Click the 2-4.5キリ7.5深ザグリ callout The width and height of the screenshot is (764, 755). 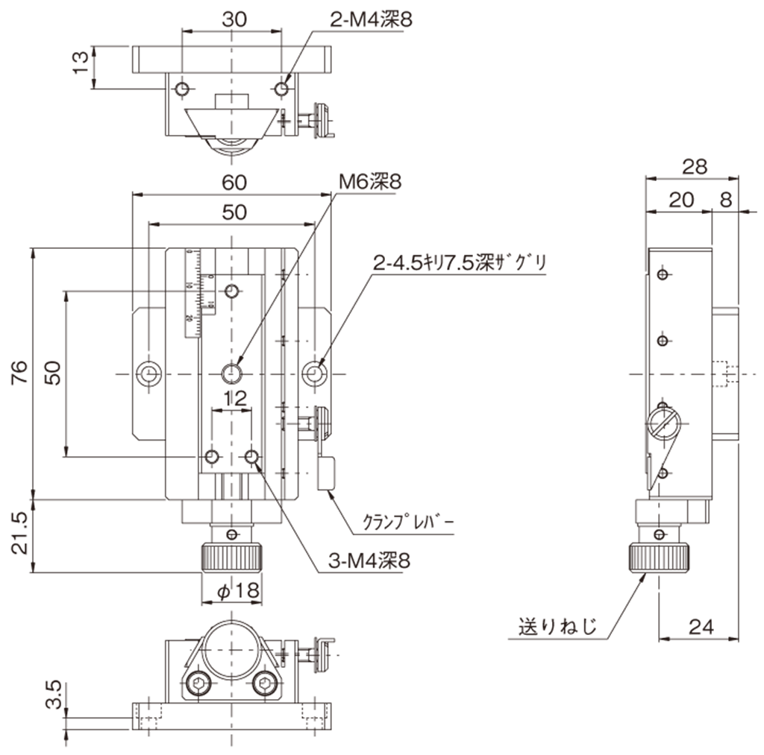coord(460,262)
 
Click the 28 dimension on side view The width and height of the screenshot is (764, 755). coord(694,167)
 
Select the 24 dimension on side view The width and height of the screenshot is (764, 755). coord(700,628)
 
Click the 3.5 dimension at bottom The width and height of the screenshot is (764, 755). coord(54,695)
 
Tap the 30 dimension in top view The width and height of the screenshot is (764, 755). coord(234,21)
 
